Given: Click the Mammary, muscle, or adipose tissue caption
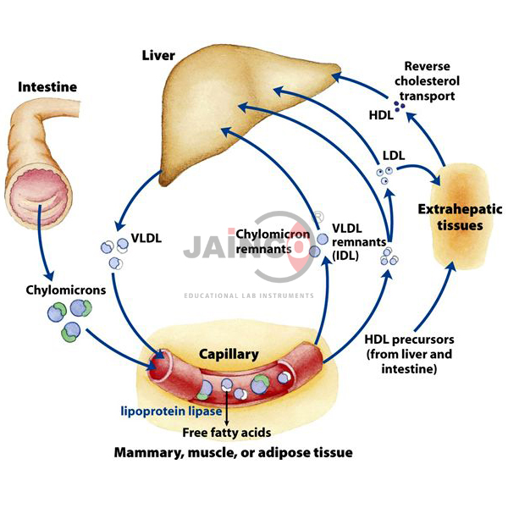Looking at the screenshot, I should pyautogui.click(x=233, y=453).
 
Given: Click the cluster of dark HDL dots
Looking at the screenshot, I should pyautogui.click(x=398, y=107).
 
